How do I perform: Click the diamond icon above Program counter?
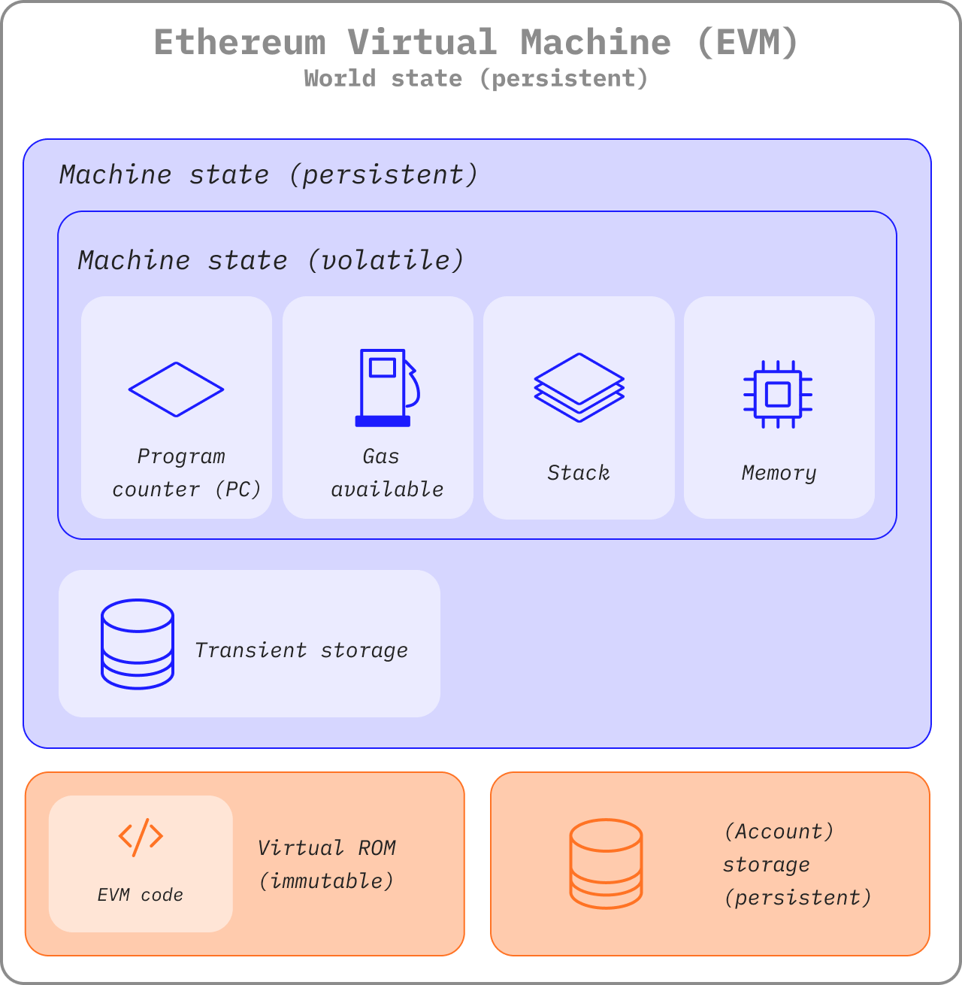[x=176, y=389]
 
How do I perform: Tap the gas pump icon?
[x=386, y=388]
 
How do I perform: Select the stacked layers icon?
[x=579, y=387]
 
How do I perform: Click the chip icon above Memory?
[x=778, y=394]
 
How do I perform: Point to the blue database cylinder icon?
[x=138, y=644]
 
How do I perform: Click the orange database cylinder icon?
[x=606, y=864]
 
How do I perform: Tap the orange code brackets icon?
[x=141, y=837]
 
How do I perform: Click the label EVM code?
[x=141, y=895]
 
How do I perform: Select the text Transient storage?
[x=301, y=650]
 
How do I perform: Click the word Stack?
[x=579, y=473]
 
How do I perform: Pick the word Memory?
[x=779, y=473]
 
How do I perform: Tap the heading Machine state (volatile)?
[x=271, y=260]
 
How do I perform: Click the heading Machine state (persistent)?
[x=269, y=174]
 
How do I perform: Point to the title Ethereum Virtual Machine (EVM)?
[x=476, y=42]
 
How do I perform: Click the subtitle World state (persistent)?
[x=476, y=79]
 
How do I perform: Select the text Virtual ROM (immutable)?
[x=326, y=864]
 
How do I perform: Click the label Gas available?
[x=386, y=473]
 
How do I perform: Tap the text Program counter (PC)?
[x=186, y=473]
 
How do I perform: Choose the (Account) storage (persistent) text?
[x=797, y=864]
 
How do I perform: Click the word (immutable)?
[x=326, y=881]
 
